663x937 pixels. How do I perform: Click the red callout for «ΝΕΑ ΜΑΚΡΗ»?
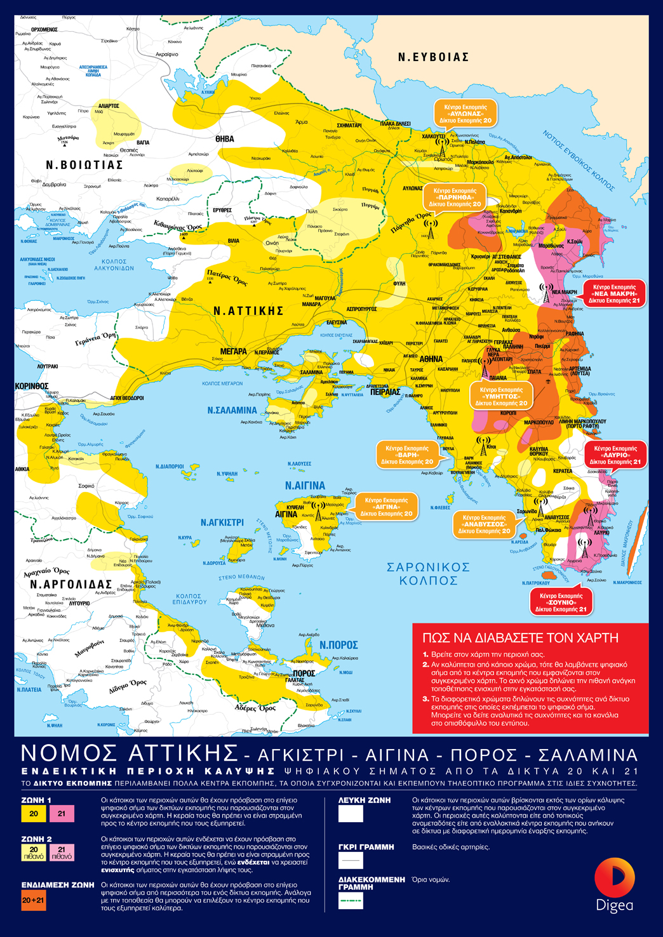coord(613,293)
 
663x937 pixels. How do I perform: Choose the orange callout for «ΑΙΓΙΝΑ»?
coord(386,507)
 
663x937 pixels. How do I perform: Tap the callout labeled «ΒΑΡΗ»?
coord(407,455)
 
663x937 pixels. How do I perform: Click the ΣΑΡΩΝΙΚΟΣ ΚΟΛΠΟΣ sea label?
coord(429,573)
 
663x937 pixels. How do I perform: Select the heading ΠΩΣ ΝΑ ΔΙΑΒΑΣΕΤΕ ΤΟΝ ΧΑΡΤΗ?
coord(520,638)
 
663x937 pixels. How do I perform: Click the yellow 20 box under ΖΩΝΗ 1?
coord(34,813)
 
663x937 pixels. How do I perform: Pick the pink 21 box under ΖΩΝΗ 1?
coord(62,813)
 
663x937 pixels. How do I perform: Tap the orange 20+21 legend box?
coord(33,900)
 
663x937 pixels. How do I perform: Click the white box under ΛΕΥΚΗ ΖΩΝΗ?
coord(351,813)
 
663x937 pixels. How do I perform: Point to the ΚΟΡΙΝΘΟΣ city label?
coord(32,386)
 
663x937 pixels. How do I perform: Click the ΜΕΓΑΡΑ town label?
coord(233,351)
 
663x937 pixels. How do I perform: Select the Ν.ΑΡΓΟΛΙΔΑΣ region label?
coord(71,584)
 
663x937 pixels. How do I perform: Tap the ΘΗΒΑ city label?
coord(224,139)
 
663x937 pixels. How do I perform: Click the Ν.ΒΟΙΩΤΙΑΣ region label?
coord(84,164)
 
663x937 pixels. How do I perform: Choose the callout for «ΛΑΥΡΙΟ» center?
coord(615,455)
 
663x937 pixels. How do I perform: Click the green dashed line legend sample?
coord(351,900)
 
